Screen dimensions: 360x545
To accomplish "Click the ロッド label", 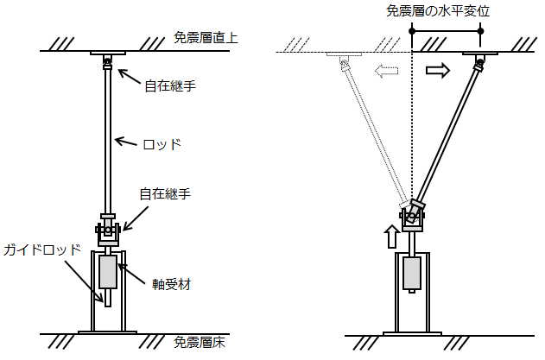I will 163,143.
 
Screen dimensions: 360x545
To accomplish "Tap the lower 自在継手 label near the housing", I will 165,195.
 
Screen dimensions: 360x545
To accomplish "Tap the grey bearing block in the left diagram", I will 109,273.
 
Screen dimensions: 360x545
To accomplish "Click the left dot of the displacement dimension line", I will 414,32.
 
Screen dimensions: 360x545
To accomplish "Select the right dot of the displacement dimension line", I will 480,32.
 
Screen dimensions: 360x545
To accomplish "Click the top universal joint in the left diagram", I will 108,62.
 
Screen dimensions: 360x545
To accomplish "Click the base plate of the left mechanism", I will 108,331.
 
